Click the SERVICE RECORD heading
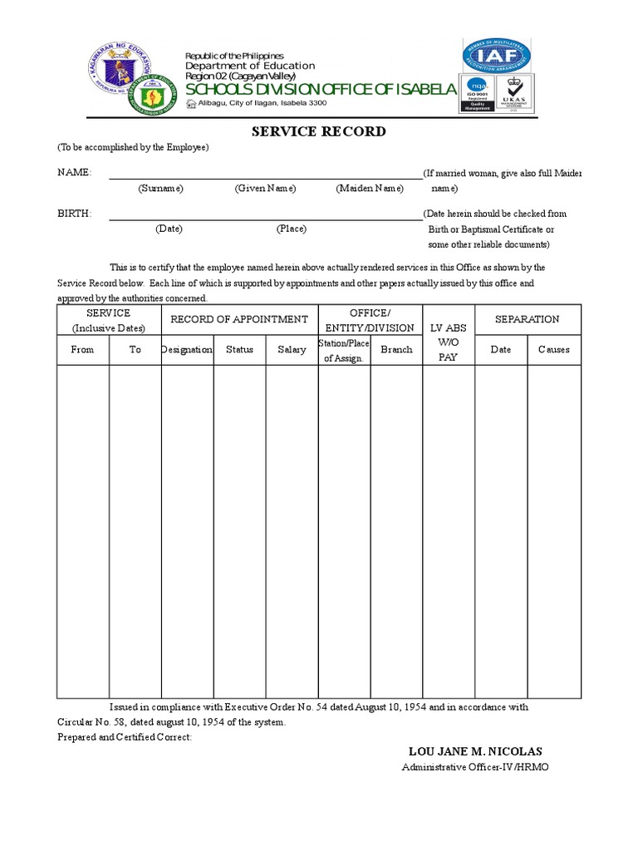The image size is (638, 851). pyautogui.click(x=319, y=131)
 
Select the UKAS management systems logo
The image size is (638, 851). pyautogui.click(x=514, y=93)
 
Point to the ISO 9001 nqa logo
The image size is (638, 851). pyautogui.click(x=477, y=93)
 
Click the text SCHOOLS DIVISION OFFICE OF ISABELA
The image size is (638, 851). pyautogui.click(x=321, y=89)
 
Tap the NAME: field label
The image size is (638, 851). pyautogui.click(x=74, y=173)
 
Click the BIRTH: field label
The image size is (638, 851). pyautogui.click(x=74, y=214)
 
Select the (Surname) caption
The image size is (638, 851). pyautogui.click(x=160, y=189)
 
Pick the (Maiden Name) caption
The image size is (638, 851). pyautogui.click(x=370, y=189)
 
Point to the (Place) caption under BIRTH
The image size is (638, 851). pyautogui.click(x=291, y=229)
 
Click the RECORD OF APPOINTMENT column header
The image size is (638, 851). pyautogui.click(x=239, y=319)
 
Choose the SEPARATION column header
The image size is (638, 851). pyautogui.click(x=527, y=319)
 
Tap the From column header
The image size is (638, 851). pyautogui.click(x=82, y=350)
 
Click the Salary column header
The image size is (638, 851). pyautogui.click(x=292, y=350)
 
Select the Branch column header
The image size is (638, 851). pyautogui.click(x=396, y=350)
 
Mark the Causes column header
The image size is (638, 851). pyautogui.click(x=553, y=350)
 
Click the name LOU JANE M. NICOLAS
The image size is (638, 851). pyautogui.click(x=474, y=751)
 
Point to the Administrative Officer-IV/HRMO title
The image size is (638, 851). pyautogui.click(x=474, y=767)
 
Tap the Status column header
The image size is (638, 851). pyautogui.click(x=239, y=350)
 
